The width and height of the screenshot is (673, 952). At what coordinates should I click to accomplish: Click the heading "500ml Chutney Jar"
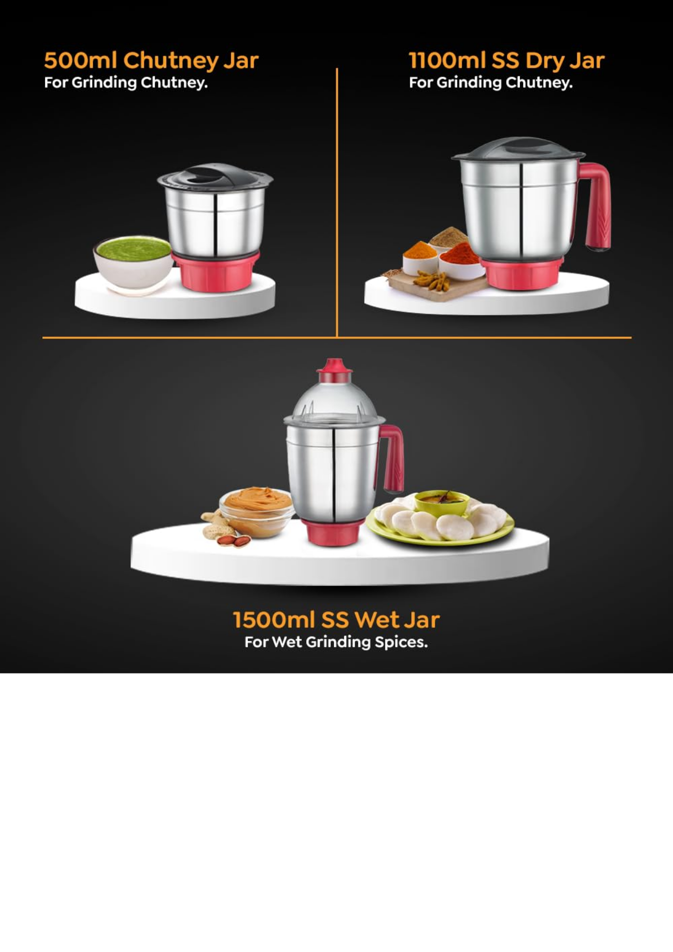[x=151, y=61]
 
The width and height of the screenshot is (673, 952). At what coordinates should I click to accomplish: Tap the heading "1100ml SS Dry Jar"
[x=506, y=61]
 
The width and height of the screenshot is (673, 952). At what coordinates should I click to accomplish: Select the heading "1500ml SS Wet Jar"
[x=336, y=620]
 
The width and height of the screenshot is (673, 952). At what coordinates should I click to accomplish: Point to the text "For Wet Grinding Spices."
[x=336, y=642]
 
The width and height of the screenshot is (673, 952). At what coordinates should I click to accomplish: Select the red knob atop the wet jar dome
[x=335, y=371]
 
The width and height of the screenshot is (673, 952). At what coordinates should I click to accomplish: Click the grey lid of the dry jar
[x=518, y=149]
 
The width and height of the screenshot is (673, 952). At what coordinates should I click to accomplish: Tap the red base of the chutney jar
[x=216, y=271]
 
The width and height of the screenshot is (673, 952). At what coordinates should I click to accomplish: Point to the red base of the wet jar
[x=333, y=533]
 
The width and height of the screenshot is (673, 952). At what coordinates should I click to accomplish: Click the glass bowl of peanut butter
[x=257, y=512]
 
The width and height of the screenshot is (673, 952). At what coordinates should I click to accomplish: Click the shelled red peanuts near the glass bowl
[x=234, y=540]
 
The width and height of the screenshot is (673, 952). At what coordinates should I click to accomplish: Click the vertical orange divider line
[x=337, y=203]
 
